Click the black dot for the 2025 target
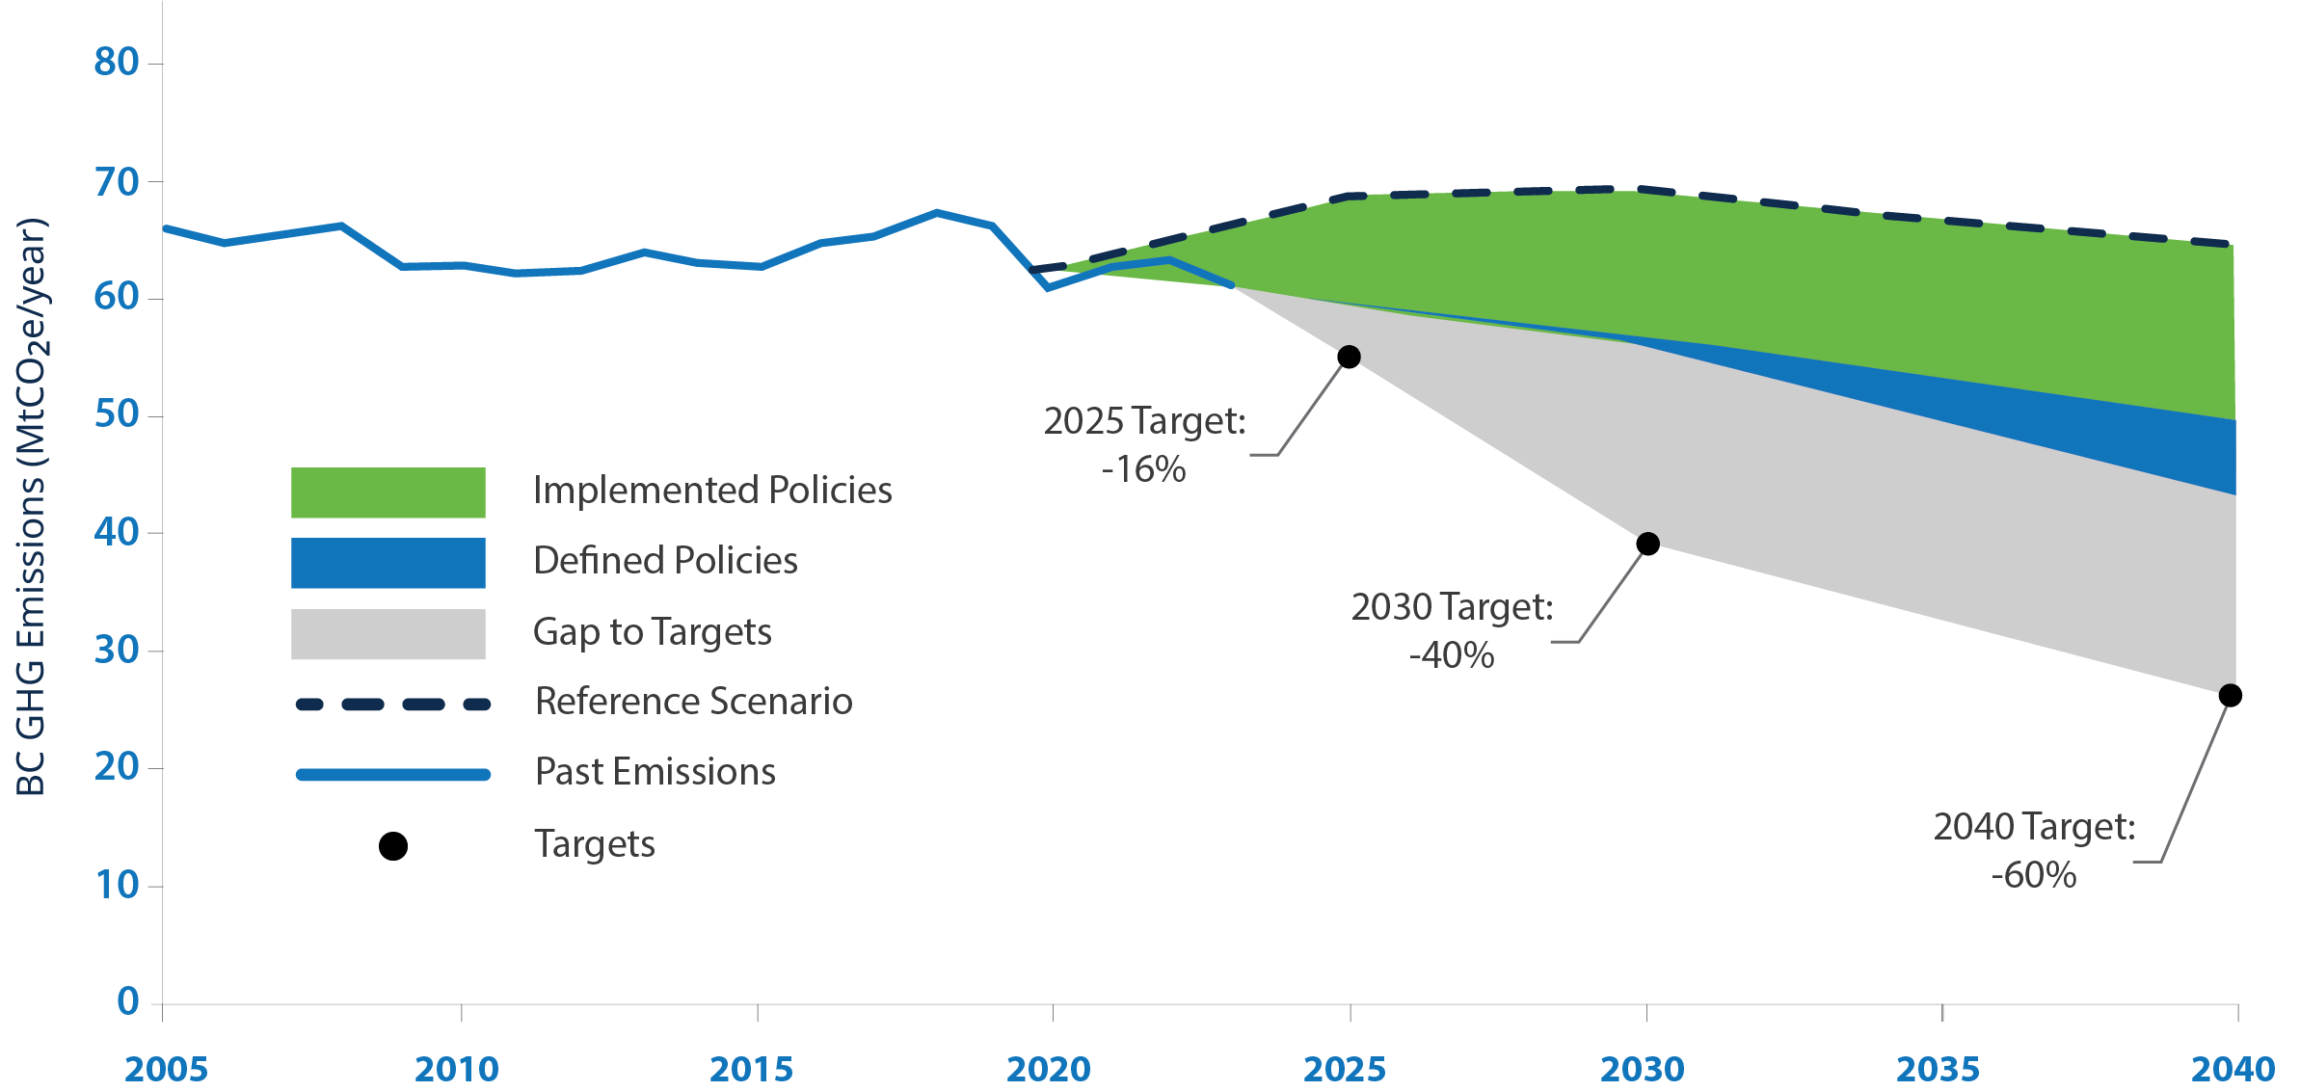pyautogui.click(x=1349, y=357)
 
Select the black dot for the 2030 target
pyautogui.click(x=1647, y=544)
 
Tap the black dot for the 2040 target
pyautogui.click(x=2230, y=695)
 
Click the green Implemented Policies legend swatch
pyautogui.click(x=388, y=492)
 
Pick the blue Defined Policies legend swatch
pyautogui.click(x=388, y=563)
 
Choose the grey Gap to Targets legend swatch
pyautogui.click(x=388, y=633)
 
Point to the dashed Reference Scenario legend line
pyautogui.click(x=392, y=705)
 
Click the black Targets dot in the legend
pyautogui.click(x=392, y=846)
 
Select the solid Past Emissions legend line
pyautogui.click(x=392, y=775)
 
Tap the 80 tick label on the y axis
pyautogui.click(x=117, y=63)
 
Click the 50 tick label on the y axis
pyautogui.click(x=117, y=414)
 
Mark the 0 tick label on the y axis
pyautogui.click(x=127, y=1001)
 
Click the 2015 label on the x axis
pyautogui.click(x=751, y=1069)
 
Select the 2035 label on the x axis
pyautogui.click(x=1938, y=1069)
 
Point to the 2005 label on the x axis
pyautogui.click(x=166, y=1069)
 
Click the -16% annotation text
pyautogui.click(x=1143, y=469)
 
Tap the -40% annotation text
pyautogui.click(x=1451, y=655)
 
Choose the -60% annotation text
pyautogui.click(x=2033, y=875)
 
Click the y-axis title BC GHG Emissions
pyautogui.click(x=31, y=506)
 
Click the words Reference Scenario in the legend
pyautogui.click(x=693, y=702)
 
